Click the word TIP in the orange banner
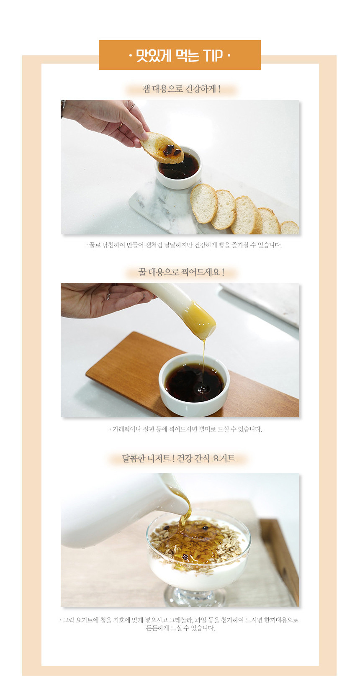pos(213,56)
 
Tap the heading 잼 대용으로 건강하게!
pos(181,89)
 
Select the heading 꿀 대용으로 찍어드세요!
pos(181,272)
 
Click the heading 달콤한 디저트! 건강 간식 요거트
pos(178,458)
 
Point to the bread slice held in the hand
pos(162,148)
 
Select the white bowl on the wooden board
pos(194,385)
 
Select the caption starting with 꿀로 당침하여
pos(184,245)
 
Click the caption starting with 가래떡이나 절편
pos(185,429)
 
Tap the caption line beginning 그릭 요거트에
pos(179,620)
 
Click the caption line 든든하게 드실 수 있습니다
pos(180,628)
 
